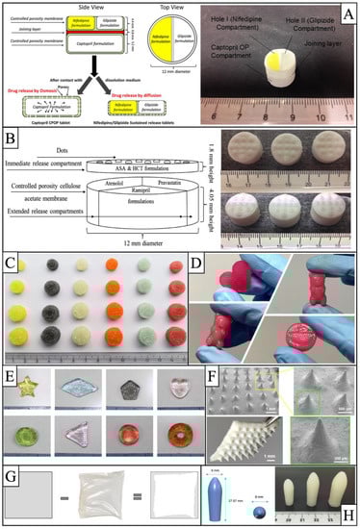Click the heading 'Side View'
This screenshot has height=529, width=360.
pos(65,7)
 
